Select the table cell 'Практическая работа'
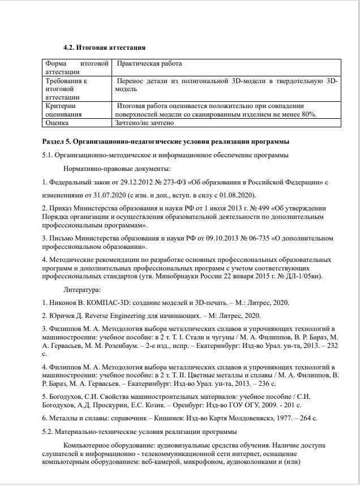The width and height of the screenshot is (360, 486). pos(149,64)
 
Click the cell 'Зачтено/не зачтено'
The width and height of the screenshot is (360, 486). pos(144,122)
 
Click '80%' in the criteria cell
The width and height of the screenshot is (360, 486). pos(308,114)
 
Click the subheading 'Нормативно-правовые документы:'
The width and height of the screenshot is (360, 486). pos(117,169)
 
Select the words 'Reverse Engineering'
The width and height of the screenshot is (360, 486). pos(114,316)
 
